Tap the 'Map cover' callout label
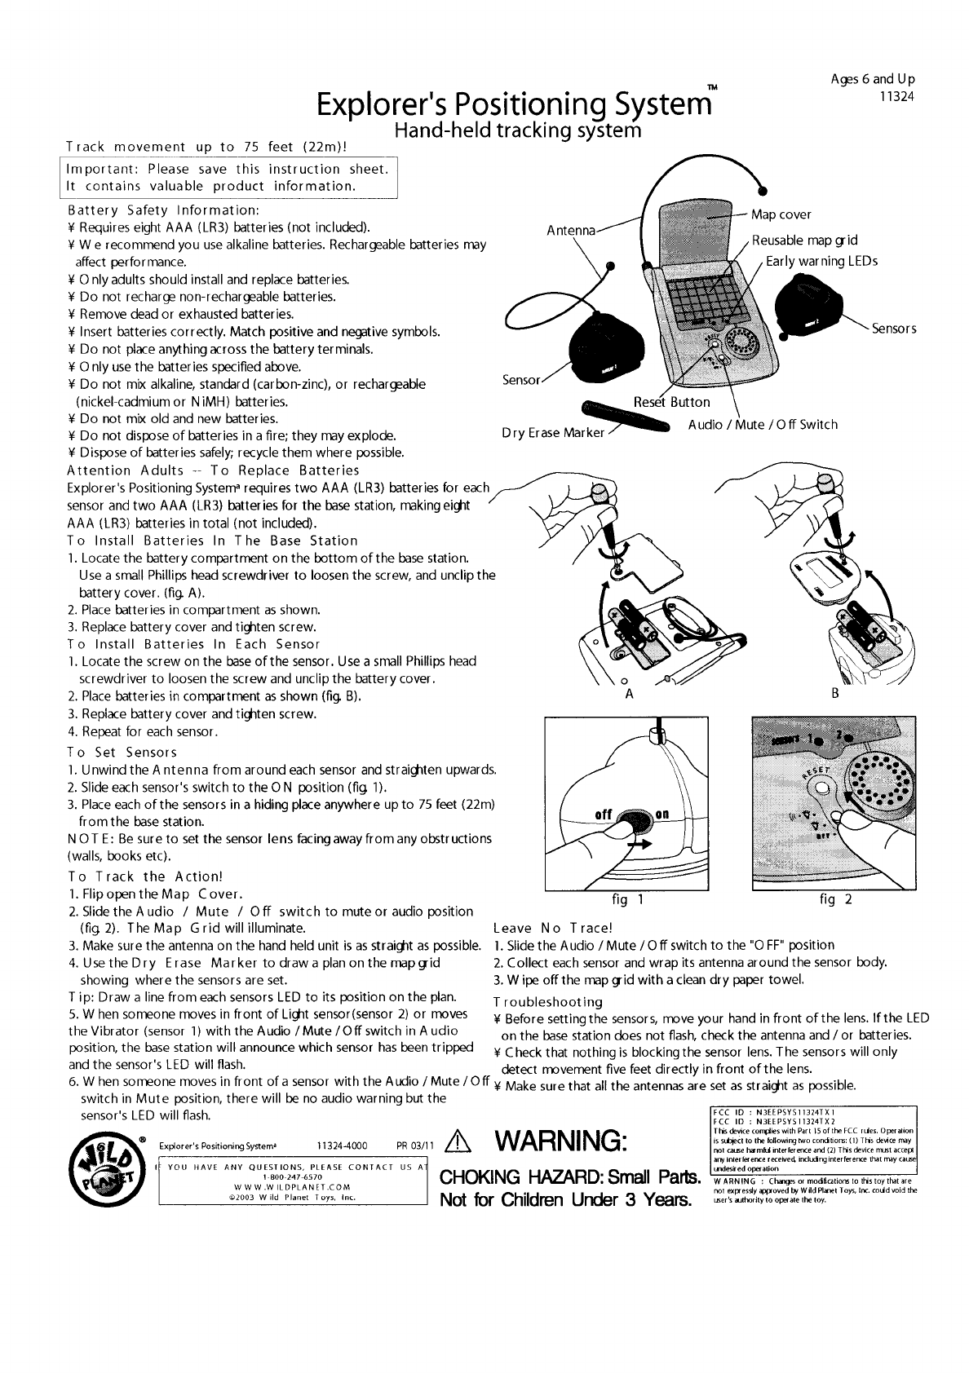[781, 214]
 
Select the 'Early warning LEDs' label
[821, 261]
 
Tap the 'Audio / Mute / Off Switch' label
[762, 425]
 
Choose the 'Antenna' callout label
[572, 230]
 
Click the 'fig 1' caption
[629, 900]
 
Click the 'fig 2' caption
[835, 900]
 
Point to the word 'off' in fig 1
[604, 815]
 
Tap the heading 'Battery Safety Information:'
[164, 210]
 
